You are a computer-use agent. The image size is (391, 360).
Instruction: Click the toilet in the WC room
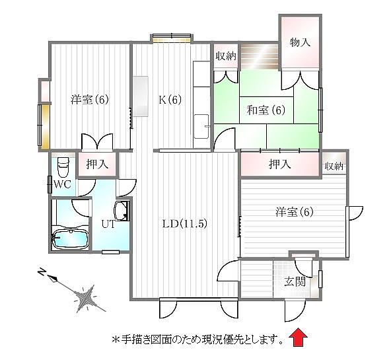tap(63, 166)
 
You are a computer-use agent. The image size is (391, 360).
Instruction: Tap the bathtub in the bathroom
tap(70, 240)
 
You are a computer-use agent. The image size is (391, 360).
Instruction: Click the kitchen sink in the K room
tap(201, 126)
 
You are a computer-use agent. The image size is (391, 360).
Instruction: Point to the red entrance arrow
tap(298, 338)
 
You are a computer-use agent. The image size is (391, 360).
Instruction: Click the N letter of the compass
tap(41, 271)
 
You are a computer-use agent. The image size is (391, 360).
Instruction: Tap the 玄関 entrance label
tap(295, 282)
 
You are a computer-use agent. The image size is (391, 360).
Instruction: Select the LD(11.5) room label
tap(185, 224)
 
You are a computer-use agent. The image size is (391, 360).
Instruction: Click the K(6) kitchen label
tap(170, 100)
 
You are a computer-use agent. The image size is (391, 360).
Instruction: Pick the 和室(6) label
tap(266, 110)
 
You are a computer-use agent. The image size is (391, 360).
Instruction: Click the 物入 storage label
tap(300, 42)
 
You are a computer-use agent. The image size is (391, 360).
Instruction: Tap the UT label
tap(109, 224)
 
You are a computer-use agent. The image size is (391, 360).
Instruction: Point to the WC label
tap(63, 184)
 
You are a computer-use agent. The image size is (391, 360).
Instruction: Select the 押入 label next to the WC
tap(97, 164)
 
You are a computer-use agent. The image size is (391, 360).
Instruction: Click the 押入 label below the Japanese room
tap(280, 164)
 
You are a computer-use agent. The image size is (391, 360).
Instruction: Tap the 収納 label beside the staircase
tap(226, 56)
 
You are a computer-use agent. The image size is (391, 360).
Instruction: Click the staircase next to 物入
tap(260, 57)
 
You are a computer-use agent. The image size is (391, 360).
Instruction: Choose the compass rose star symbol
tap(86, 298)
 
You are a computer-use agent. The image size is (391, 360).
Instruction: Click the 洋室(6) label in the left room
tap(90, 100)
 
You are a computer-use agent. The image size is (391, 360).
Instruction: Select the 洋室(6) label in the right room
tap(295, 212)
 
